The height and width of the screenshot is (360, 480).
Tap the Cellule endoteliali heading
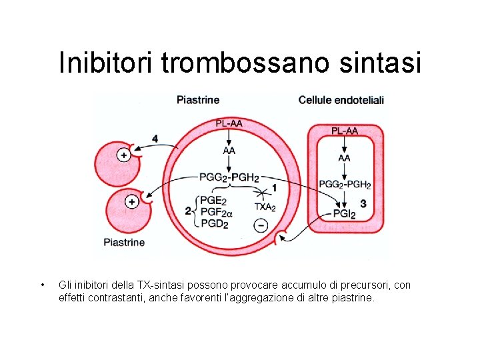[341, 100]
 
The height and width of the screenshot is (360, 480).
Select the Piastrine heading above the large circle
[198, 100]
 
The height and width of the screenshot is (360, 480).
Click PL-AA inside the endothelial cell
[345, 131]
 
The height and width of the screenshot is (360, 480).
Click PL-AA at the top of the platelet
[229, 123]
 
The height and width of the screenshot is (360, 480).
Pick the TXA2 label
[265, 207]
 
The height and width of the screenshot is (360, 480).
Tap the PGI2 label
[344, 214]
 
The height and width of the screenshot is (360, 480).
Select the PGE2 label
[213, 200]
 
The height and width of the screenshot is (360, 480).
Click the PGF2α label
[217, 212]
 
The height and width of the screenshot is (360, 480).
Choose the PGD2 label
[214, 224]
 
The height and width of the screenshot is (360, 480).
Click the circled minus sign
[261, 225]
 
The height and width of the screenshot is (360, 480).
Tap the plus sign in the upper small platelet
[123, 155]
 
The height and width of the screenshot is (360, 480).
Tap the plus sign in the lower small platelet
[132, 201]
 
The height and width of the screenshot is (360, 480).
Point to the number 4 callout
[155, 139]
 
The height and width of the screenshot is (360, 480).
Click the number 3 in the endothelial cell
[363, 203]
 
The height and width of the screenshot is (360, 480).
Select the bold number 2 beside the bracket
[188, 211]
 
